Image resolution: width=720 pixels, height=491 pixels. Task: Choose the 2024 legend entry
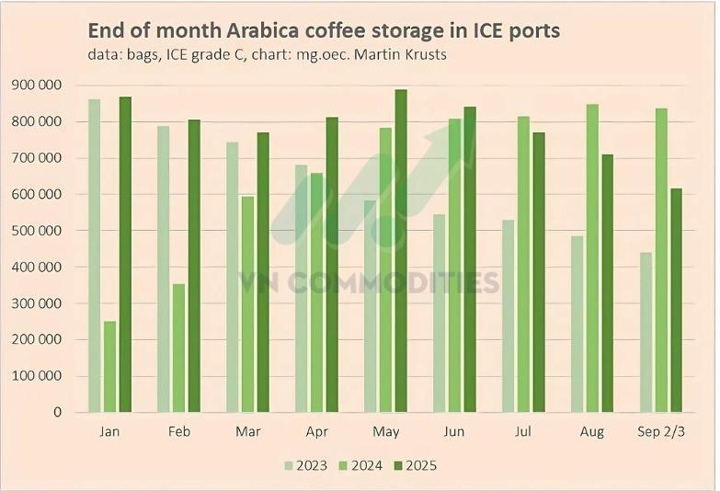coord(360,465)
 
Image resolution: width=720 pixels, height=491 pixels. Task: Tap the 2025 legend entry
coord(414,465)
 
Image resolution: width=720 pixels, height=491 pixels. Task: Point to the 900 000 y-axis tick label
coord(36,86)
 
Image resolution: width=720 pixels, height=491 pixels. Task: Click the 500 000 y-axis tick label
coord(36,231)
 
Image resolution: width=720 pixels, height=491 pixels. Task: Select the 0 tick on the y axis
coord(57,413)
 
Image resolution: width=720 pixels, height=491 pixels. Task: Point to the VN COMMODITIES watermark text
coord(369,281)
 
